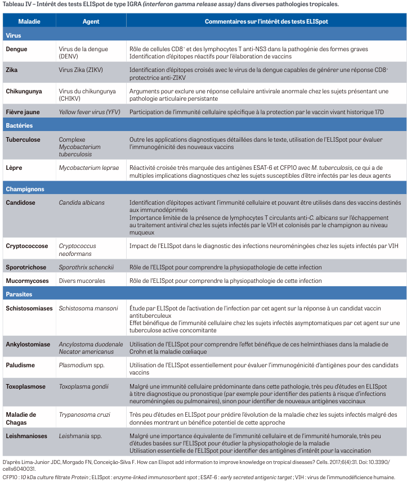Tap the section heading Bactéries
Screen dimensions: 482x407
click(19, 125)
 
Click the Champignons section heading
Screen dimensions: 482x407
click(25, 189)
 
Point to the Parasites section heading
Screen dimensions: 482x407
click(19, 294)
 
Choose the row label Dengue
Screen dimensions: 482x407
click(16, 49)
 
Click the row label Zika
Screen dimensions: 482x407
click(12, 70)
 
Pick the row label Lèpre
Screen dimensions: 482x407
click(14, 168)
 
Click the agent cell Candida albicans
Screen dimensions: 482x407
click(82, 202)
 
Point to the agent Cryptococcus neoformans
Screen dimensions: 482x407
click(78, 249)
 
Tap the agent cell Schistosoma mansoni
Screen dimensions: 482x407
click(88, 308)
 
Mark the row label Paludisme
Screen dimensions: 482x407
click(20, 365)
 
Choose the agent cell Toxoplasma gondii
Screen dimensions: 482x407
click(84, 386)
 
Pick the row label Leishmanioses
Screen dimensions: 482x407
click(27, 435)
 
